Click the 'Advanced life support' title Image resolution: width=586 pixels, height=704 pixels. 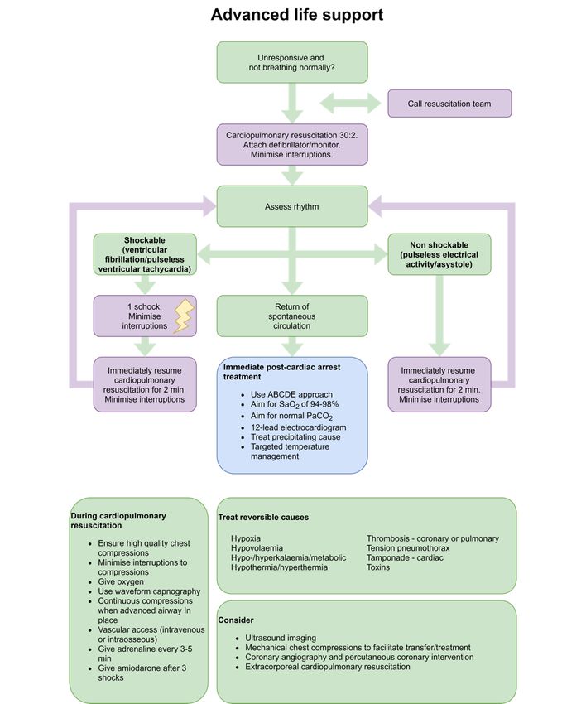pos(297,15)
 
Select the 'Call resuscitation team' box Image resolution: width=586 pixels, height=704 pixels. pos(449,104)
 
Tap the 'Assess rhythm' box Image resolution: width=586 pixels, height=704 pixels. pos(292,206)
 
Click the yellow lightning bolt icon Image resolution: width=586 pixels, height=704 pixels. pos(184,316)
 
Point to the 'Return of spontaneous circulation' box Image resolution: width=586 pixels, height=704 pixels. pos(292,316)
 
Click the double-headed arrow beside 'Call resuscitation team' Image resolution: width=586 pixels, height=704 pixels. pos(350,104)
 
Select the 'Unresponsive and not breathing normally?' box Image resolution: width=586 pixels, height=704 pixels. pos(292,62)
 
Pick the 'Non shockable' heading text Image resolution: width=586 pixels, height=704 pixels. pos(439,245)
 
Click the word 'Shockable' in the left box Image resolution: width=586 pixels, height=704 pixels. pos(145,240)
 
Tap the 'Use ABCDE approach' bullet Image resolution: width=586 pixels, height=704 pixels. pos(291,394)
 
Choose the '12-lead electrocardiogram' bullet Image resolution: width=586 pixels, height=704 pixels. pos(299,427)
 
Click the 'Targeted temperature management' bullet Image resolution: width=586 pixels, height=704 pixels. pos(290,451)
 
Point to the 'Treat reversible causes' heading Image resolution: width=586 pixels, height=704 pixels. pos(263,517)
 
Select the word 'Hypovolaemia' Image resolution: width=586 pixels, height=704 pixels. pos(257,548)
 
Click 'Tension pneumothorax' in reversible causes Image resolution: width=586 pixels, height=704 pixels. pos(408,548)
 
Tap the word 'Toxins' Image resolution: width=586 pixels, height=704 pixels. pos(378,567)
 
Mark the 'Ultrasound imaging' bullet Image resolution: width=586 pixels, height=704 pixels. pos(281,638)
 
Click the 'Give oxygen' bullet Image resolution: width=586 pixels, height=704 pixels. pos(121,582)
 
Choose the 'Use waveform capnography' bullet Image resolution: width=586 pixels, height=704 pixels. pos(149,591)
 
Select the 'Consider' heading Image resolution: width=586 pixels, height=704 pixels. pos(236,620)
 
